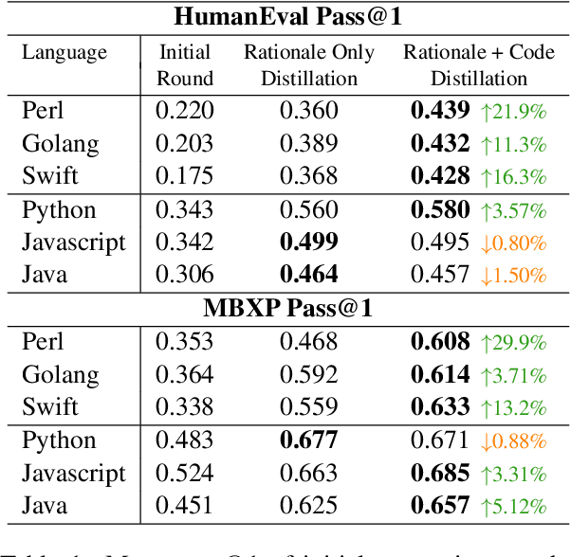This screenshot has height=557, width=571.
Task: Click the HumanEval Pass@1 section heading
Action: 285,16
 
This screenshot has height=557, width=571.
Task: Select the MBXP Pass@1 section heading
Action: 285,308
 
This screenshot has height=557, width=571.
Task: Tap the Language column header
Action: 64,52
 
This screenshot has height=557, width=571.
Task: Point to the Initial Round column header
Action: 185,64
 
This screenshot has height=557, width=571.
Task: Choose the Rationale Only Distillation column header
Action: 309,64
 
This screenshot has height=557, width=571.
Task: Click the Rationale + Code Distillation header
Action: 479,64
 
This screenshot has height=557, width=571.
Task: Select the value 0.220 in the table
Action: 185,111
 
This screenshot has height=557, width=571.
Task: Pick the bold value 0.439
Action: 440,111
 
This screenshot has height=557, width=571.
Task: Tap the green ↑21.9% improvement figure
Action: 512,112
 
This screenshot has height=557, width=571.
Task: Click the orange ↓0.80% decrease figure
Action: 512,243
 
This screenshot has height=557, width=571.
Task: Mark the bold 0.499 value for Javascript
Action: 309,242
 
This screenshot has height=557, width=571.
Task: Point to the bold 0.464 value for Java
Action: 309,275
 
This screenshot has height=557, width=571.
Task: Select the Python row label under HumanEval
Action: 59,209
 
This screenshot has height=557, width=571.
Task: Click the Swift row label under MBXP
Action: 50,406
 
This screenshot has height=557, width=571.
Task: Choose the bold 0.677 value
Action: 309,440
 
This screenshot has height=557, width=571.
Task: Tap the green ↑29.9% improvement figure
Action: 512,342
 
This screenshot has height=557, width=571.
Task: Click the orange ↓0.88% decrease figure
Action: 512,441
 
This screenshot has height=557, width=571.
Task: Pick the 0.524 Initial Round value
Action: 185,473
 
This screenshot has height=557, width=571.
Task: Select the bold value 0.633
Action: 440,406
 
